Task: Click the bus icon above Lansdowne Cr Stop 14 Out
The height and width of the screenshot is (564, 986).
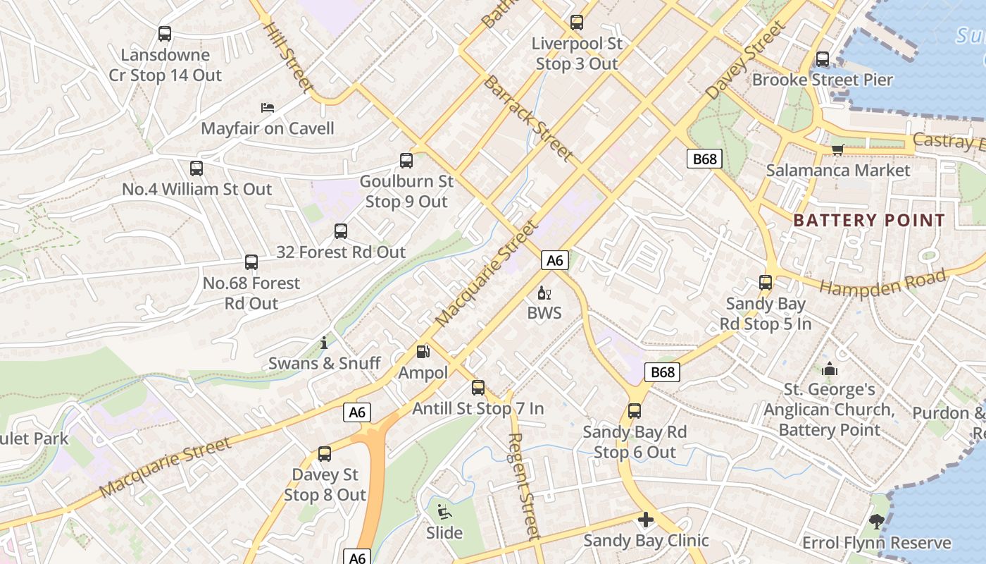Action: coord(165,34)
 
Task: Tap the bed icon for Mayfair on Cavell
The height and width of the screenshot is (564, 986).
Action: coord(268,108)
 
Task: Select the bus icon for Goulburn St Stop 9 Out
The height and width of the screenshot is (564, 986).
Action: coord(406,161)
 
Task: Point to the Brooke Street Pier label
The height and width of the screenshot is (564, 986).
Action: coord(822,80)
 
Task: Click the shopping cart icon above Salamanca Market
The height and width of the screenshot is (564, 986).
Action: coord(837,149)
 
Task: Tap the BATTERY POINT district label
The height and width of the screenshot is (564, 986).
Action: coord(868,220)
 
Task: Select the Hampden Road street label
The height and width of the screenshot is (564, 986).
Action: coord(882,283)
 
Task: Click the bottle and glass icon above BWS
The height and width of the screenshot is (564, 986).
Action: coord(544,293)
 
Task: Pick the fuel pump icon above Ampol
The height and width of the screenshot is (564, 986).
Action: coord(423,351)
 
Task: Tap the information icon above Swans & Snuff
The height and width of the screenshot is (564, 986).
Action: coord(324,343)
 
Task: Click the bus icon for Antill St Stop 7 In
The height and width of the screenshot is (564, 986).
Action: coord(478,387)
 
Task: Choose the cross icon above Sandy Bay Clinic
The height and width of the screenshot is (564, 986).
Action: coord(646,520)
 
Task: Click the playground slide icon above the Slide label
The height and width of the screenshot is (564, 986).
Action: coord(444,512)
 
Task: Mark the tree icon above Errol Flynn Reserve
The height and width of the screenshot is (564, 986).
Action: coord(876,522)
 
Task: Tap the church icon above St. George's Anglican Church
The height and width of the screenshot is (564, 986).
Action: coord(830,369)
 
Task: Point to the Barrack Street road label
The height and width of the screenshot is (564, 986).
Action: coord(527,118)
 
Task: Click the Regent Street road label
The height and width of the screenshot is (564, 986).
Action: coord(524,486)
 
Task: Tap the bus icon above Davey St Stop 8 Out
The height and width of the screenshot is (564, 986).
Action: coord(325,454)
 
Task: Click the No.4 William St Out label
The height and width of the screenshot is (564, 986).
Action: coord(196,189)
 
